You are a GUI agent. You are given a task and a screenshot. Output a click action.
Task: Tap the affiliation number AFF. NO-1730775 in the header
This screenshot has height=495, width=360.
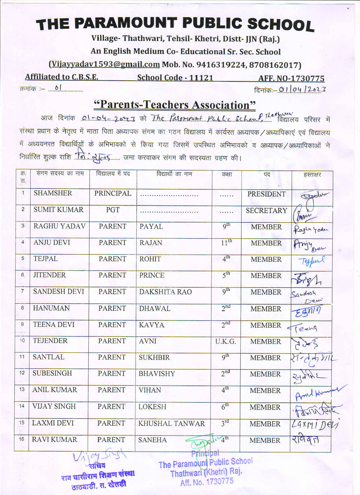point(291,78)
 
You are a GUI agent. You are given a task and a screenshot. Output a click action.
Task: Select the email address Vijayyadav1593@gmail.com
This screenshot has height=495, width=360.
point(104,64)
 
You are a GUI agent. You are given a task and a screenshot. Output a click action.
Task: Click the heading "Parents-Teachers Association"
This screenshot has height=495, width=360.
point(174,105)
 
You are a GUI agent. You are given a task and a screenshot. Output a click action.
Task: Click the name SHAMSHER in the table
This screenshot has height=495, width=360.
point(53,193)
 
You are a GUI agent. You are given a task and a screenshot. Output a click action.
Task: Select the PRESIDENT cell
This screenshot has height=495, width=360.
point(266,194)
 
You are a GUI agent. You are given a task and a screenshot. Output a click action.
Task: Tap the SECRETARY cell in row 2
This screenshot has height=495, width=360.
point(266,211)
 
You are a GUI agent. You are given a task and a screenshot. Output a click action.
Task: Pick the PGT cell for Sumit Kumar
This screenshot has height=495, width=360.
point(113,210)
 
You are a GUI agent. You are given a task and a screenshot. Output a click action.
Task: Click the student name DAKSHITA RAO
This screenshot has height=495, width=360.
point(165,292)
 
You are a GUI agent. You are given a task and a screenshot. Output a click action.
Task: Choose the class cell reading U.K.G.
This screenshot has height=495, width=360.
point(225,341)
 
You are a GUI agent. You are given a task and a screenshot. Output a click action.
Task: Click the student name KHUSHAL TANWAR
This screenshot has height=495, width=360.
point(171,424)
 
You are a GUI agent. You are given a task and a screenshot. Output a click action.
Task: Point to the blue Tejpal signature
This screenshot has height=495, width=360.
point(311,261)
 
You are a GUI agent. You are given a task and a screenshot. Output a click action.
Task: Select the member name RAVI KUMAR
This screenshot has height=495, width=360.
point(54,440)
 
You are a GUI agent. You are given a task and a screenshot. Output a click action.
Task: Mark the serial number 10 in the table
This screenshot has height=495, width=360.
point(22,340)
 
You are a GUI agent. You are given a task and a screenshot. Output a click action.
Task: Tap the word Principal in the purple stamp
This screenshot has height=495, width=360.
point(205,454)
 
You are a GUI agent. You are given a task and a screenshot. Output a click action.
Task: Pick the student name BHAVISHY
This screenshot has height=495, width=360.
point(157,374)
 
